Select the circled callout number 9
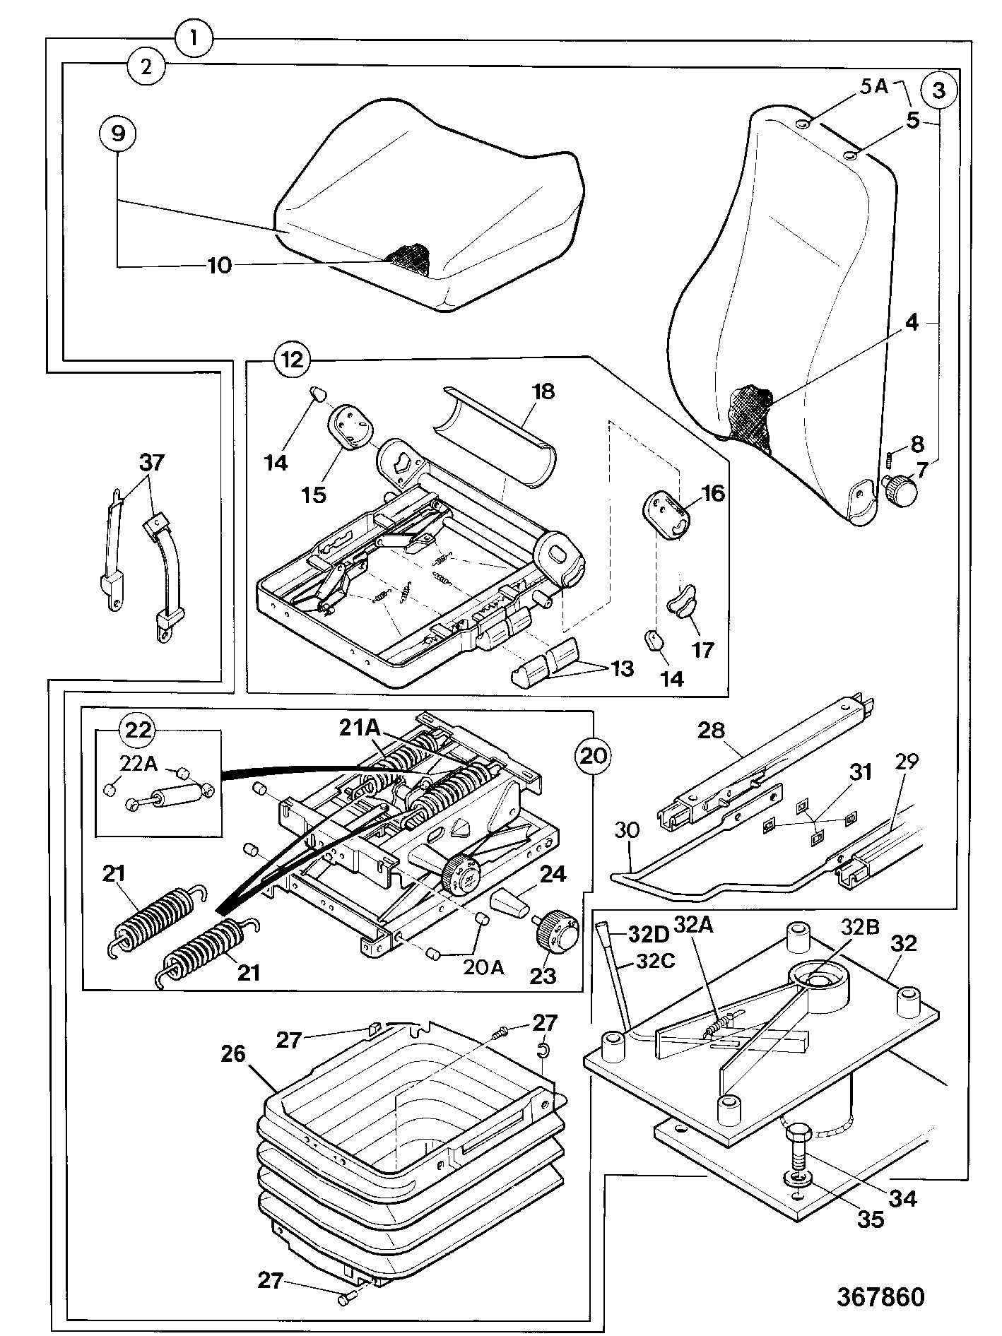(118, 132)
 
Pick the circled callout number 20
(594, 755)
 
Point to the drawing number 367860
(880, 1296)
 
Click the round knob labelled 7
(897, 490)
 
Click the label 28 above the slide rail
(712, 730)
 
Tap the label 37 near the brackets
(151, 463)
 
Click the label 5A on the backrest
(873, 86)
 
